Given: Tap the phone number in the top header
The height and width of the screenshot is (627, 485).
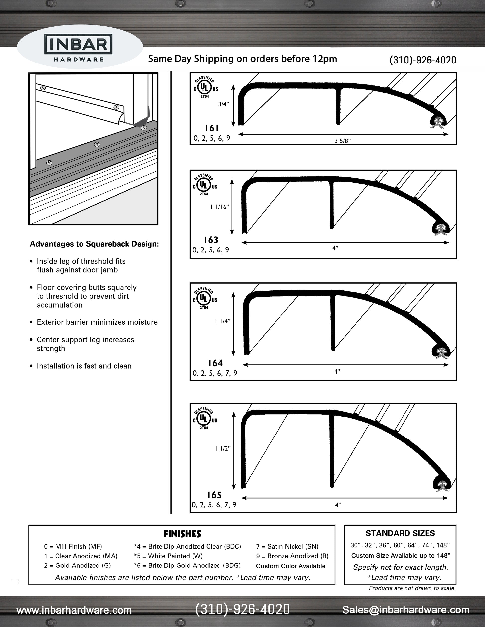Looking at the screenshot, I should (x=422, y=60).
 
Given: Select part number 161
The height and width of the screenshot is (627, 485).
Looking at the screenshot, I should (x=212, y=128).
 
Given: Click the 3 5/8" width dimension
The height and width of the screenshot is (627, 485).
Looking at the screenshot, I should (x=343, y=141).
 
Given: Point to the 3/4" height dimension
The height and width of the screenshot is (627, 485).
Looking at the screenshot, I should (x=224, y=104).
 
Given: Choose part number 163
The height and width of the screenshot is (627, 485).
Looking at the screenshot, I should (x=211, y=240).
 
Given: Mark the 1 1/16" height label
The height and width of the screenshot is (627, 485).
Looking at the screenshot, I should (x=220, y=207).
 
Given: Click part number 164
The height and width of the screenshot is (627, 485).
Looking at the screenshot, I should (x=215, y=363).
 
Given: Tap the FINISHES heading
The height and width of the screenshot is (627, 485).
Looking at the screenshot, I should (x=182, y=534).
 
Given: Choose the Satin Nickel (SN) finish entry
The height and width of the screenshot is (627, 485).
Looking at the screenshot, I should (x=287, y=547).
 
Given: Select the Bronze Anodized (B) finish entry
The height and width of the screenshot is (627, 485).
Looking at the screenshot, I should (x=292, y=556).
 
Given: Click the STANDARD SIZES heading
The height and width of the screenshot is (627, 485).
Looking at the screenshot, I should (x=400, y=533).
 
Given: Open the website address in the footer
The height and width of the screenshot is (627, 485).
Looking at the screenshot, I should (x=74, y=610).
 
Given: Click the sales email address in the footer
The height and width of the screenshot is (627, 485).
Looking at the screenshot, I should (x=406, y=610).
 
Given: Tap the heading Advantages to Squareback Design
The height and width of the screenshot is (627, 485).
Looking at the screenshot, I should (x=94, y=244).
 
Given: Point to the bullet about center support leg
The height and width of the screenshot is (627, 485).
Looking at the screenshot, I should (x=85, y=344).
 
